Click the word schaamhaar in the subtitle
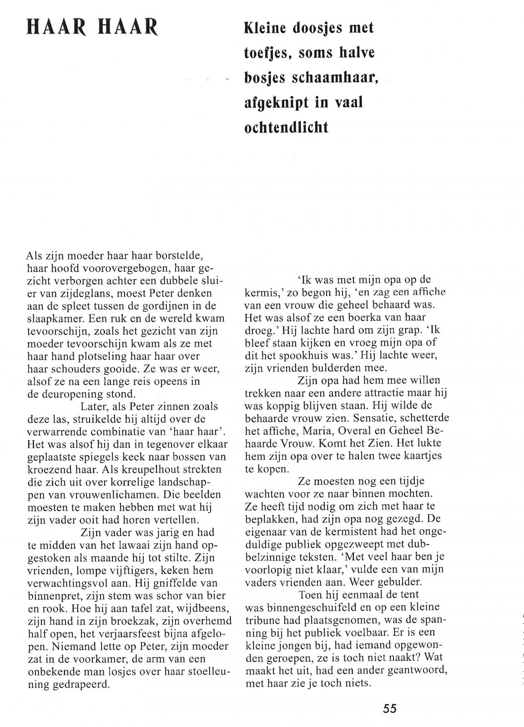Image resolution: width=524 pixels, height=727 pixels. pos(331,78)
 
